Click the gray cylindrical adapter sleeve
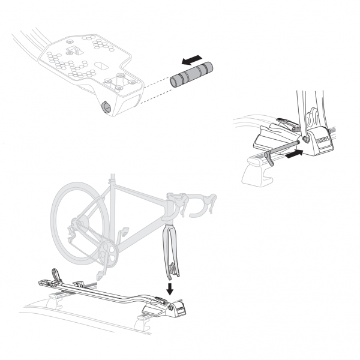(191, 74)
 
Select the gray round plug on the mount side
(106, 107)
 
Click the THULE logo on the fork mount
(323, 140)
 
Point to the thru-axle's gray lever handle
(269, 159)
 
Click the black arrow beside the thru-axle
(294, 154)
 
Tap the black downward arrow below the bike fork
(170, 289)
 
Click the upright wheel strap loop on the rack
(56, 274)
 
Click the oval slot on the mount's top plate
(101, 65)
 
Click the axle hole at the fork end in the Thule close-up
(305, 139)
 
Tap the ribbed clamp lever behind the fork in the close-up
(287, 124)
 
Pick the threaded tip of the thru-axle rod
(298, 142)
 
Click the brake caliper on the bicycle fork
(172, 268)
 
